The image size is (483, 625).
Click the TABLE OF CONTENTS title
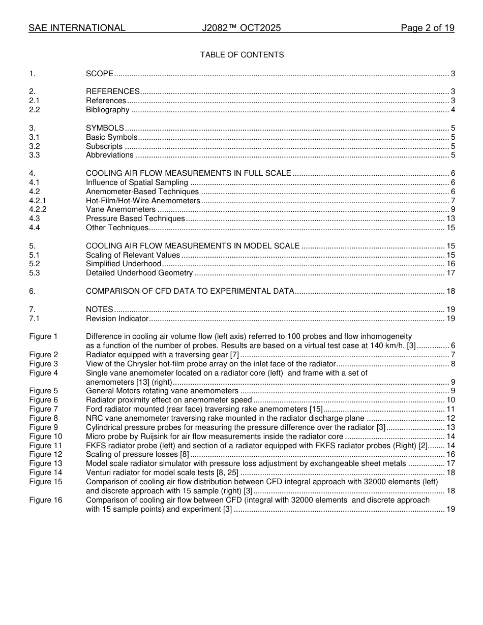click(x=242, y=55)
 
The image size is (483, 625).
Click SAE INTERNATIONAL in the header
click(x=77, y=28)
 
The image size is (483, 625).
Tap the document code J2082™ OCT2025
click(x=241, y=28)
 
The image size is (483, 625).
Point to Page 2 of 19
click(x=427, y=28)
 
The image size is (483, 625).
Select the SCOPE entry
click(x=100, y=74)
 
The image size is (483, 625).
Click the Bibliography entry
click(x=107, y=110)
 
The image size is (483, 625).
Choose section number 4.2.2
click(x=38, y=209)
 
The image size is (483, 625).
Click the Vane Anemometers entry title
click(x=120, y=209)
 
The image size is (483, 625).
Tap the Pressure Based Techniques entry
click(x=135, y=218)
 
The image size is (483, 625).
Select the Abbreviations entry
click(x=109, y=155)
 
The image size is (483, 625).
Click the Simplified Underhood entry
click(x=123, y=264)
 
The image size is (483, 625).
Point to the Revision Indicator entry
click(x=117, y=319)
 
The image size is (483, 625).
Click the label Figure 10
click(x=45, y=436)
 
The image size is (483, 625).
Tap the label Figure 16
click(x=45, y=500)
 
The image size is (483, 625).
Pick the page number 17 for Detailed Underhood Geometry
click(x=450, y=273)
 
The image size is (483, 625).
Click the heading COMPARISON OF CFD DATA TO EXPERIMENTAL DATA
click(x=190, y=291)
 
